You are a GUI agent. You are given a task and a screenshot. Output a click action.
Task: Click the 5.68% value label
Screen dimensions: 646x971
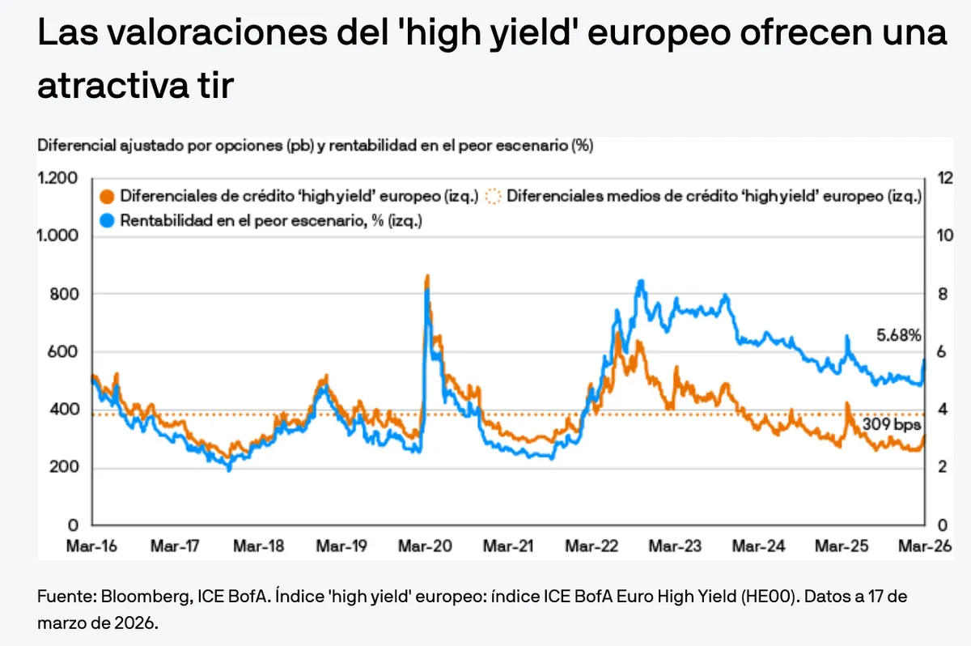click(x=899, y=334)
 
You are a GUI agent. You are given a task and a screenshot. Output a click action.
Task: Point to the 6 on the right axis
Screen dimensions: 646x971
click(x=939, y=352)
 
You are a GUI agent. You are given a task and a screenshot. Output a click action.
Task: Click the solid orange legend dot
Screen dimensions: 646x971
click(x=107, y=196)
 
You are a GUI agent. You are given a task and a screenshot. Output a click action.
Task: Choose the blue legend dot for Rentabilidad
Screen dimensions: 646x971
click(x=107, y=219)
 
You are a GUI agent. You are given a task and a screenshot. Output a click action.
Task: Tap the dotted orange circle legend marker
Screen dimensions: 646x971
click(x=496, y=196)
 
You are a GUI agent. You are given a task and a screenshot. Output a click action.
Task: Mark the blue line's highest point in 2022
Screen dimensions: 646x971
click(x=641, y=282)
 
